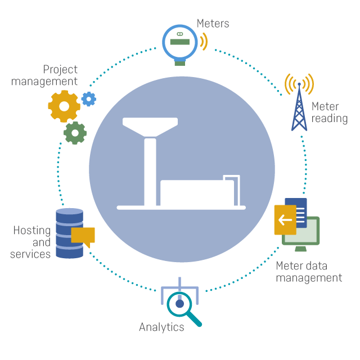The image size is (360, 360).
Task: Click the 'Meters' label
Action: tap(213, 23)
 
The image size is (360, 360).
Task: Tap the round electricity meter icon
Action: tap(180, 41)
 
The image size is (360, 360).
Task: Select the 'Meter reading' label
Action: tap(329, 112)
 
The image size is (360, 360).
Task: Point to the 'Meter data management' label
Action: tap(309, 272)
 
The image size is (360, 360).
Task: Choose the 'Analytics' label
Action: tap(161, 327)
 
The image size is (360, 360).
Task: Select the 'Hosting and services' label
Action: tap(31, 242)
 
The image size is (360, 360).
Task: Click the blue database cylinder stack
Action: tap(69, 233)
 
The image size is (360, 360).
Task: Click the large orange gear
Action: tap(64, 106)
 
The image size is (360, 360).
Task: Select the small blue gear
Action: tap(88, 99)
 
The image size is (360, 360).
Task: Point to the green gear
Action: tap(75, 133)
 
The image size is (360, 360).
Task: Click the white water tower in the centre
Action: tap(150, 157)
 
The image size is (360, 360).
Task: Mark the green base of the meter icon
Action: tap(180, 62)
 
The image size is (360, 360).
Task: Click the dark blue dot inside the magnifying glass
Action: tap(180, 304)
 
